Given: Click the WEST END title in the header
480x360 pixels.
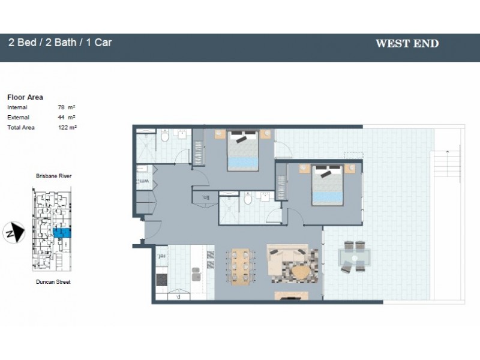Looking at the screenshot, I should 406,43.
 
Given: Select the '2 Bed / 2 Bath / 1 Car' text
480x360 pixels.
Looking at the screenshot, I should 60,43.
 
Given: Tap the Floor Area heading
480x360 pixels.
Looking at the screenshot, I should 25,97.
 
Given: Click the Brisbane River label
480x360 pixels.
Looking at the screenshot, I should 53,176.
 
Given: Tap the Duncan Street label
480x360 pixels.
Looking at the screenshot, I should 53,281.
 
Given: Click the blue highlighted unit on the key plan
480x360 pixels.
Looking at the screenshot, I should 61,232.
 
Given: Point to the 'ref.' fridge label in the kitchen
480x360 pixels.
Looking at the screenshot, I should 161,256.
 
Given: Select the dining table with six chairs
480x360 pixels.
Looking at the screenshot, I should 241,266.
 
